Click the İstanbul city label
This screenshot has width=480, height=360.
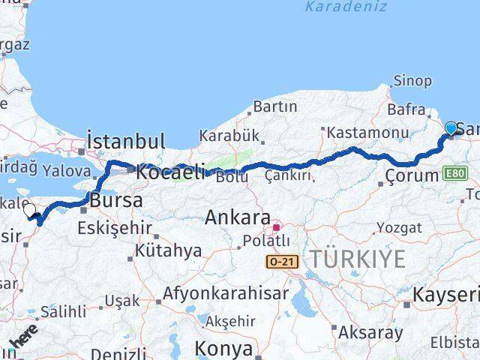[x=125, y=141]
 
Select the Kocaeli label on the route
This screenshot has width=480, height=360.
[x=169, y=171]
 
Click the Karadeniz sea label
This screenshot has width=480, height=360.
[x=346, y=7]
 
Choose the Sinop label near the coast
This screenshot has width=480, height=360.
[x=412, y=81]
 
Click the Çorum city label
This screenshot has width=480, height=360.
[x=410, y=175]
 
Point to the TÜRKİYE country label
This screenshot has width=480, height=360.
[x=358, y=259]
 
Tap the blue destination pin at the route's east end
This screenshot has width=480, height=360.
[x=451, y=129]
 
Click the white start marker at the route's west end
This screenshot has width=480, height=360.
[x=30, y=211]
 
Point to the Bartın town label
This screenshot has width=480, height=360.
[x=275, y=107]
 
